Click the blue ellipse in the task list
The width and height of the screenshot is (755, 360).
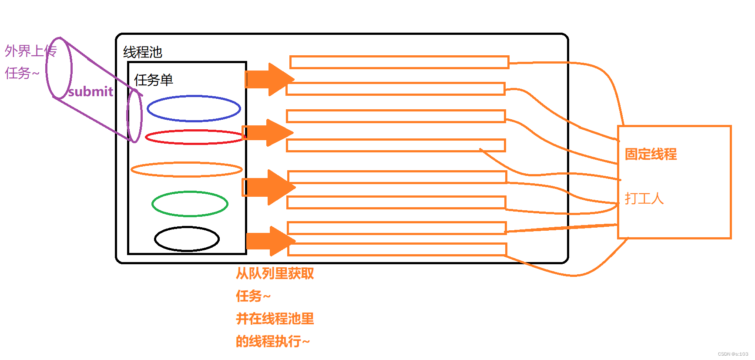tap(194, 108)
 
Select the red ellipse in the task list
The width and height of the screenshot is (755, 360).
tap(195, 137)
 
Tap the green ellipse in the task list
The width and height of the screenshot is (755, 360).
tap(190, 204)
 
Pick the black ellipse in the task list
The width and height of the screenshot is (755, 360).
tap(187, 239)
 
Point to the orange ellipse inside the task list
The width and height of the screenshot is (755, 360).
tap(186, 169)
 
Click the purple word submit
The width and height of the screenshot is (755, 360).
tap(91, 91)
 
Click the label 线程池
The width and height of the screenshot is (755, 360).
tap(143, 52)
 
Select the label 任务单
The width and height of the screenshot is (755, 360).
tap(154, 80)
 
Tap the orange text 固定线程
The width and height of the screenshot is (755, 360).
tap(651, 154)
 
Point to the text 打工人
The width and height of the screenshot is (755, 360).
tap(644, 199)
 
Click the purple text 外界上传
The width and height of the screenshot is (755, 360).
tap(30, 51)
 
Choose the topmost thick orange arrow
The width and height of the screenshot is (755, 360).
tap(269, 79)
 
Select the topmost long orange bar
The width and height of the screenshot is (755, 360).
tap(399, 62)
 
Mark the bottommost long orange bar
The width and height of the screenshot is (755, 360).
tap(397, 249)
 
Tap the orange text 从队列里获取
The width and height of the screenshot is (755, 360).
tap(275, 273)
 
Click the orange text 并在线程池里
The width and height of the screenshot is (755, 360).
tap(275, 319)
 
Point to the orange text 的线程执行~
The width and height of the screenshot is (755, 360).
tap(272, 341)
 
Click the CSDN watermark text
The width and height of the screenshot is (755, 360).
tap(733, 354)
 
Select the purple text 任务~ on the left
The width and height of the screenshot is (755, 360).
tap(22, 73)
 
